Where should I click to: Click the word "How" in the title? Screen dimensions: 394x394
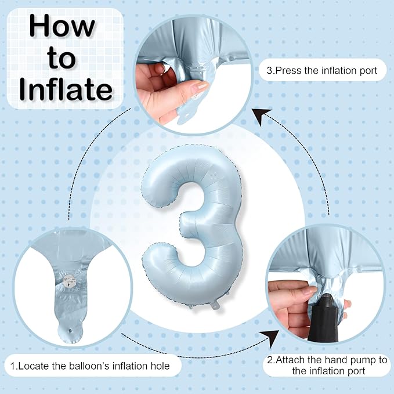[x=62, y=26]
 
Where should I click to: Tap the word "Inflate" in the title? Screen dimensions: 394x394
[x=66, y=89]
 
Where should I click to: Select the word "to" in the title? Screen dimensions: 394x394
[x=62, y=58]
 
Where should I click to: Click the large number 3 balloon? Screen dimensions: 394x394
[x=192, y=226]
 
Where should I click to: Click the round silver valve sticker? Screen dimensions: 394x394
[x=69, y=280]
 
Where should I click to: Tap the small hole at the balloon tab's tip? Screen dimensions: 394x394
[x=70, y=331]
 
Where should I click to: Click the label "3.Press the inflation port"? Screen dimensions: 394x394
[x=322, y=71]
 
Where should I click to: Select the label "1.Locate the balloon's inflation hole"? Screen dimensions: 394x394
[x=90, y=366]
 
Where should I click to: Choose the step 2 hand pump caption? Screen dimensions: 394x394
[x=327, y=366]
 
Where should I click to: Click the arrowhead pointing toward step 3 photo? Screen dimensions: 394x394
[x=261, y=116]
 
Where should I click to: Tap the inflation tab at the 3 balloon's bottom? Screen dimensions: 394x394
[x=215, y=305]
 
